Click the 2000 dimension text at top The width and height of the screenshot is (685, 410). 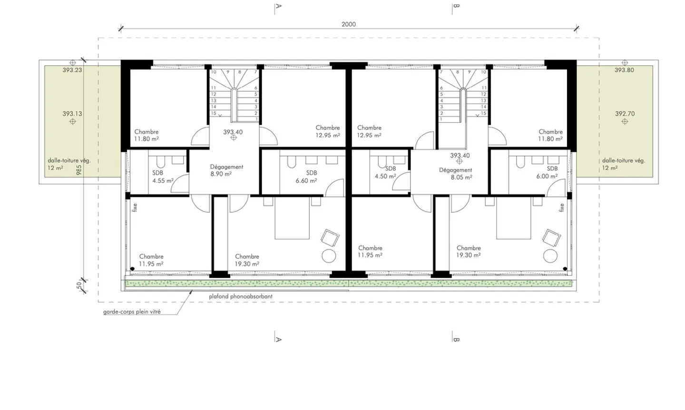click(x=348, y=24)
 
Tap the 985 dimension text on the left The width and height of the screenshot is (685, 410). click(x=79, y=170)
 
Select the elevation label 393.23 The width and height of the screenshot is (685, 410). click(x=72, y=70)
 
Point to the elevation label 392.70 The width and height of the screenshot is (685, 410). click(x=625, y=114)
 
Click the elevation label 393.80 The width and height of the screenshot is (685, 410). click(x=624, y=70)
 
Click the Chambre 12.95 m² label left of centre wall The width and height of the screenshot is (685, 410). click(x=328, y=131)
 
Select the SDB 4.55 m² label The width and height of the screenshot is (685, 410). click(x=162, y=177)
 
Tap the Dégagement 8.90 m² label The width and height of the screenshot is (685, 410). click(x=226, y=170)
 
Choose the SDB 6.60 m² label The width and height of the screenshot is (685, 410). click(x=306, y=176)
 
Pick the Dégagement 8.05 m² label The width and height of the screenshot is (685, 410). click(x=456, y=174)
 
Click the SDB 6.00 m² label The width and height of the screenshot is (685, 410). click(x=548, y=172)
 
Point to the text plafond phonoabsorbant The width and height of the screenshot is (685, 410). click(x=241, y=296)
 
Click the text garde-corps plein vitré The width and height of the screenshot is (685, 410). click(x=132, y=312)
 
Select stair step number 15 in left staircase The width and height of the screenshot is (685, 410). click(x=214, y=113)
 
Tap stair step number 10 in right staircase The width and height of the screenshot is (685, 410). click(x=483, y=72)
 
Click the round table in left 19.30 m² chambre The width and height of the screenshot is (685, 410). click(x=329, y=256)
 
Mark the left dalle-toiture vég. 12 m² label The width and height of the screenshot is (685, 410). click(x=69, y=164)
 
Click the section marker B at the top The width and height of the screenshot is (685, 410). click(x=456, y=6)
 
